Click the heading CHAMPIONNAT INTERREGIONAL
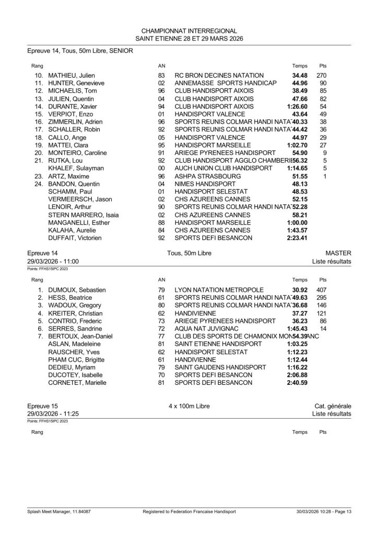189,31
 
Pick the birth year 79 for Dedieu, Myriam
161,367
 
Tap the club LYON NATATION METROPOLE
219,289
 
